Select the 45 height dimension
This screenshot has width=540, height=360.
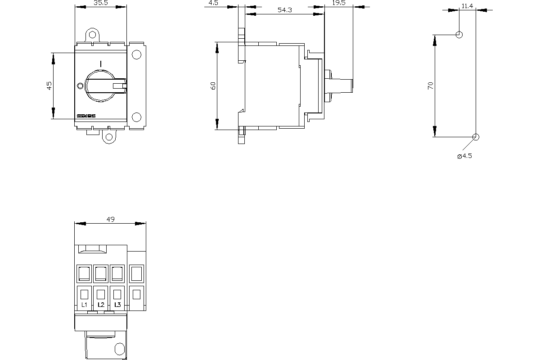click(49, 85)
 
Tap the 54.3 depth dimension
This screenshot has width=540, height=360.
click(285, 10)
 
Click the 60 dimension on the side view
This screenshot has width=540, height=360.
click(213, 85)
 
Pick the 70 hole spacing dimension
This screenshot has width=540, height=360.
click(431, 85)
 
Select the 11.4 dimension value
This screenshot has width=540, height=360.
click(467, 6)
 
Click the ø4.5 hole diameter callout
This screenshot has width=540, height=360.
click(464, 156)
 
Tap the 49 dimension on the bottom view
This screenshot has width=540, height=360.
click(110, 219)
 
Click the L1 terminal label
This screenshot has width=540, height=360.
click(84, 305)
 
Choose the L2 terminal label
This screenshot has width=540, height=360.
click(101, 305)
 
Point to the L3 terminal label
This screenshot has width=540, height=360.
click(117, 305)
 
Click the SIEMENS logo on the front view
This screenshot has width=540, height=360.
click(86, 116)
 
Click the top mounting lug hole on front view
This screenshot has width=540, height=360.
click(93, 35)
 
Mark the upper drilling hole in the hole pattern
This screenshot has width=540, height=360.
click(459, 34)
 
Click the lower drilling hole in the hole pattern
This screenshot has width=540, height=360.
click(476, 137)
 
